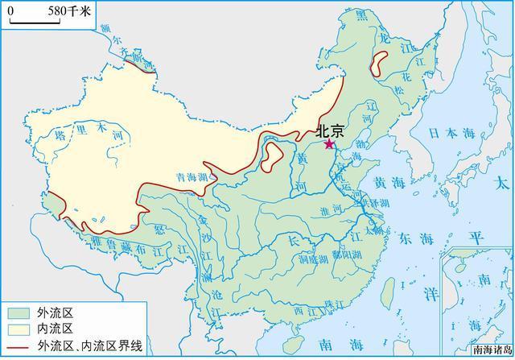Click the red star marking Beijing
(x=328, y=144)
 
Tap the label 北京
(x=331, y=130)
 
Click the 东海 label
(x=415, y=238)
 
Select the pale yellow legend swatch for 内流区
(x=18, y=329)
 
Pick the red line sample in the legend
(x=18, y=346)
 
